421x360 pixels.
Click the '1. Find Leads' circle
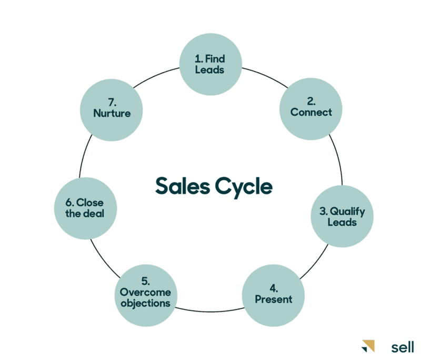pyautogui.click(x=210, y=64)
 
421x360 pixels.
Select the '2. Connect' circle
pyautogui.click(x=310, y=107)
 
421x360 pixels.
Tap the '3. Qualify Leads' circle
pyautogui.click(x=342, y=216)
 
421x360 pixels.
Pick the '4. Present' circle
pyautogui.click(x=273, y=293)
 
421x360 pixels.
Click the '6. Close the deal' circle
pyautogui.click(x=87, y=208)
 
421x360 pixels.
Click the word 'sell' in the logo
pyautogui.click(x=403, y=347)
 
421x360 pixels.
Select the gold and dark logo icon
pyautogui.click(x=369, y=346)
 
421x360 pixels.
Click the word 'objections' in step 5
pyautogui.click(x=145, y=304)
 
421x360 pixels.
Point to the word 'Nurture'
pyautogui.click(x=112, y=113)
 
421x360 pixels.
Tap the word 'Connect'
pyautogui.click(x=311, y=112)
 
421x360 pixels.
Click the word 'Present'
pyautogui.click(x=273, y=299)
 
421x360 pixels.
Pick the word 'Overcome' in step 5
pyautogui.click(x=146, y=293)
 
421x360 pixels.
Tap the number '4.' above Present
pyautogui.click(x=273, y=288)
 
